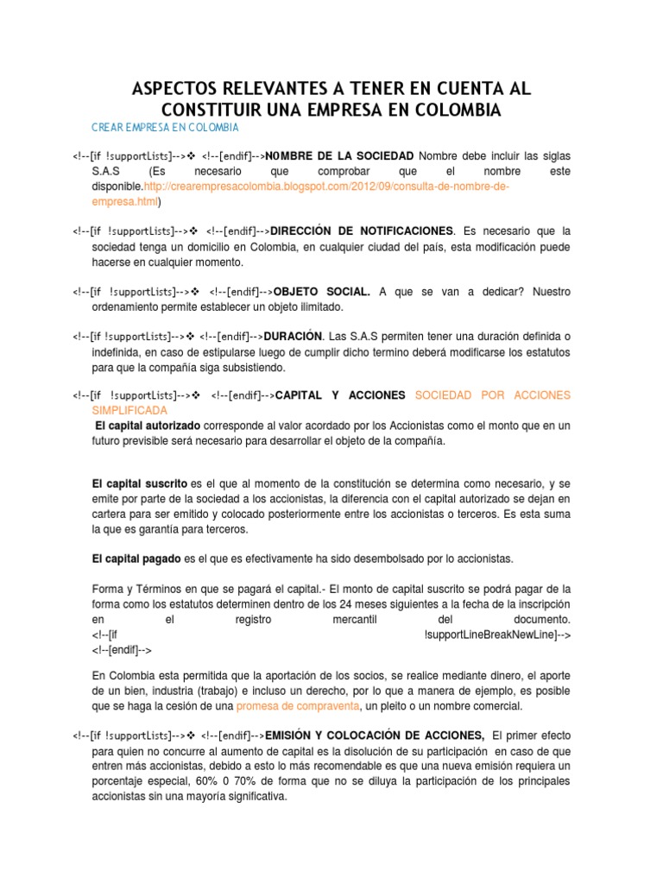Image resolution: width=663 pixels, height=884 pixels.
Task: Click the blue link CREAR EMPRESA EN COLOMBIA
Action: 164,128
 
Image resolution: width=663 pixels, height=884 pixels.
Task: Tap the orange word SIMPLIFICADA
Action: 129,410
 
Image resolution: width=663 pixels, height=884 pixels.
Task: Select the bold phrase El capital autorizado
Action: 148,426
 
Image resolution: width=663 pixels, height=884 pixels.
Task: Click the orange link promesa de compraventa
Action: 298,706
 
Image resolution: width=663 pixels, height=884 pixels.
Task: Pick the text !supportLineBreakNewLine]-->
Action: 497,635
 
